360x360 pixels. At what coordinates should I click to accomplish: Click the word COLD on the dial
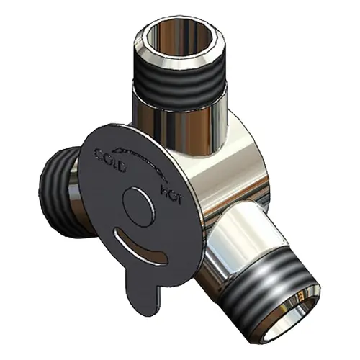pos(111,160)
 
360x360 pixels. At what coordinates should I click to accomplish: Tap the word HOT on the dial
pos(171,194)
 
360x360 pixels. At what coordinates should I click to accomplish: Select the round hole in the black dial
pos(138,207)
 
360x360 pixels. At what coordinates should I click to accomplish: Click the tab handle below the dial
pos(143,290)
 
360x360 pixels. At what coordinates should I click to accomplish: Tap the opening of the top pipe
pos(179,39)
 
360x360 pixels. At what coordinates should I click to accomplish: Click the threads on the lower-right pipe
pos(264,293)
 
